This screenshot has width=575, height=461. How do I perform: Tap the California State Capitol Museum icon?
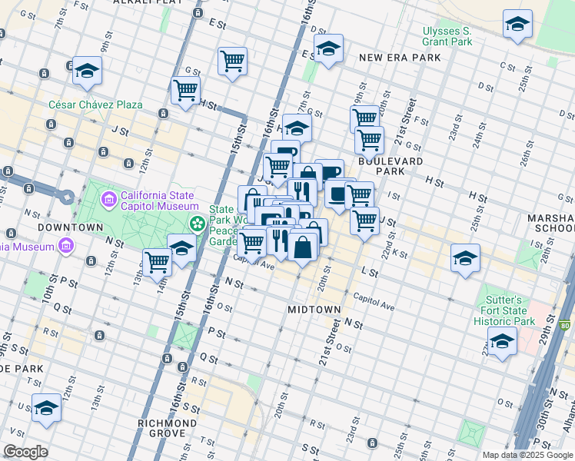point(108,201)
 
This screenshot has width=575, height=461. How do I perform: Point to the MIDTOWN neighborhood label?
point(314,309)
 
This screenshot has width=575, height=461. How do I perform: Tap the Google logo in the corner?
point(25,452)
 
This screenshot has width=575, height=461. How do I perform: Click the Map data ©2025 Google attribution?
point(527,455)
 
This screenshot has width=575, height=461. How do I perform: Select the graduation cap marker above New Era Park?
point(328,51)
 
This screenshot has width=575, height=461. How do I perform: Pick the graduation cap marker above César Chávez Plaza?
point(88,71)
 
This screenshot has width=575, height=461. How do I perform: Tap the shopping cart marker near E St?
point(232,61)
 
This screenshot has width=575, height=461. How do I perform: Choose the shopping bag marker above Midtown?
point(303,248)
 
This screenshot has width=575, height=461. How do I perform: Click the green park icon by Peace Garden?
point(198,224)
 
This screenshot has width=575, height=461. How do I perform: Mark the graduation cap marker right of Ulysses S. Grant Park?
point(517,24)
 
